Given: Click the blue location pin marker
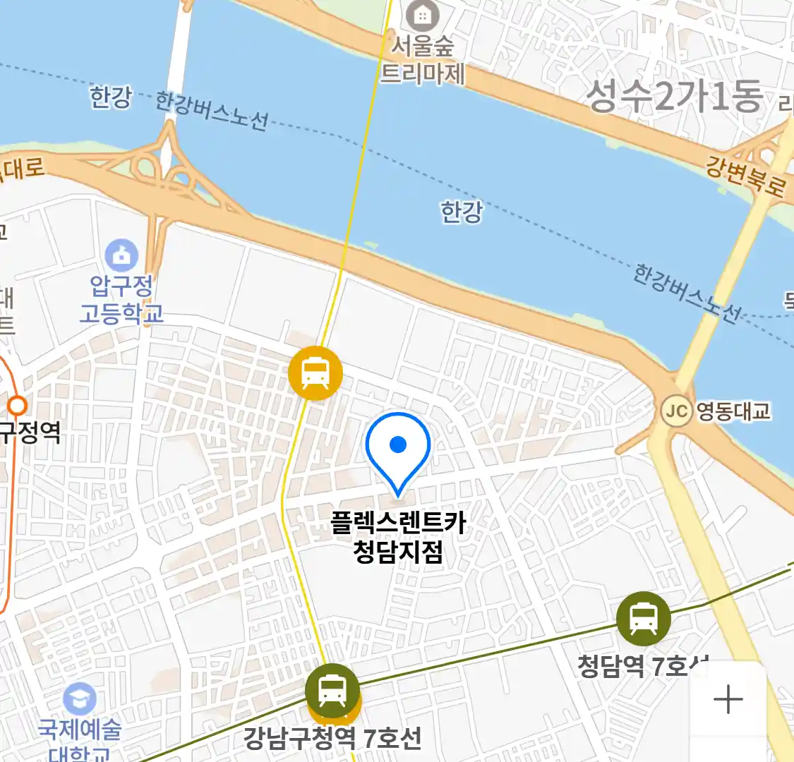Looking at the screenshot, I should click(x=398, y=448).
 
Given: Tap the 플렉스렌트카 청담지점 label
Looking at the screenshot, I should click(x=398, y=537).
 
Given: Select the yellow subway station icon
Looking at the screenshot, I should click(x=315, y=373).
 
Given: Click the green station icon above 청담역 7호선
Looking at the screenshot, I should click(x=643, y=619).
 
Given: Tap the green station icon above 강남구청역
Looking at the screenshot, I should click(x=332, y=690).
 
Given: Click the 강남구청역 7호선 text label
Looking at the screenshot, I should click(x=332, y=739).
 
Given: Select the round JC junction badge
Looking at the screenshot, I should click(x=676, y=411).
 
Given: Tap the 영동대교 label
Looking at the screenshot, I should click(x=733, y=411).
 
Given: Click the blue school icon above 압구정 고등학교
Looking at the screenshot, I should click(x=121, y=255).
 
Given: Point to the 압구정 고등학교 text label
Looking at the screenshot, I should click(x=121, y=299).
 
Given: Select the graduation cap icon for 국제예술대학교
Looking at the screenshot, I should click(x=79, y=698).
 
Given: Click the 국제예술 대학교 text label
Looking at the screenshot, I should click(x=79, y=739).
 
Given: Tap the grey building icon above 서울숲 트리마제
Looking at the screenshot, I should click(x=423, y=15).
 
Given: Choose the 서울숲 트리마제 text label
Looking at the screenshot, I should click(x=423, y=60).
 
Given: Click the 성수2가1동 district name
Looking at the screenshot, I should click(x=675, y=96).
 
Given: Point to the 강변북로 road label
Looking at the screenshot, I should click(x=745, y=176).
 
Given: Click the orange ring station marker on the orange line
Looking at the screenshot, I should click(x=17, y=406).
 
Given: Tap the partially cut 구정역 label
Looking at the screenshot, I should click(x=30, y=431).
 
